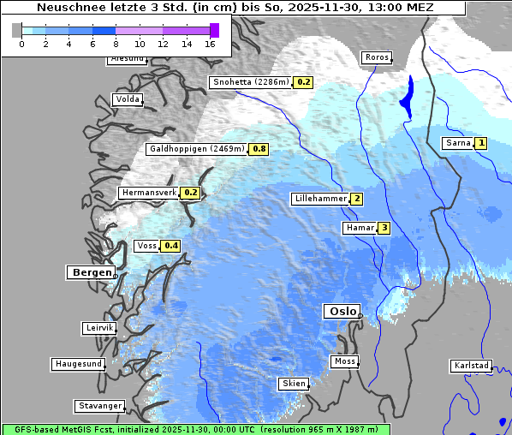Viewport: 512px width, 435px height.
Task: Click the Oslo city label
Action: pyautogui.click(x=341, y=312)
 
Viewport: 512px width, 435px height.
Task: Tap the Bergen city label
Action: pyautogui.click(x=90, y=272)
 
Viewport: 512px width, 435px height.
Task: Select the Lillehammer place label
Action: pyautogui.click(x=320, y=199)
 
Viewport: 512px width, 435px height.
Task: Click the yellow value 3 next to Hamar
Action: pyautogui.click(x=384, y=228)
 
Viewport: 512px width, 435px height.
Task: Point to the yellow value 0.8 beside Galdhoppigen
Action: pyautogui.click(x=259, y=149)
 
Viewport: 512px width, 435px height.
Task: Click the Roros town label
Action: pyautogui.click(x=376, y=58)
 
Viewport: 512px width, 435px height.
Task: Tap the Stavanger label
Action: pyautogui.click(x=99, y=406)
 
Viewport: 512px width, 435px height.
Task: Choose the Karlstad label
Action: pyautogui.click(x=472, y=366)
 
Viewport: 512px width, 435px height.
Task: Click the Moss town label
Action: pyautogui.click(x=344, y=361)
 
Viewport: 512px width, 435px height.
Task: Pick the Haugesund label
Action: pyautogui.click(x=78, y=364)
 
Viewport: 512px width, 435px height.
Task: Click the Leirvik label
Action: pyautogui.click(x=99, y=328)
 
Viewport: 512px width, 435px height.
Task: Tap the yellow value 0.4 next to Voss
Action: pyautogui.click(x=171, y=246)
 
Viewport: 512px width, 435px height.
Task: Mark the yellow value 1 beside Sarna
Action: pyautogui.click(x=481, y=143)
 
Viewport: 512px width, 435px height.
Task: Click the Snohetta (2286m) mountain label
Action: pyautogui.click(x=251, y=82)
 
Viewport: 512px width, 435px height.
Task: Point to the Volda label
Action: pyautogui.click(x=127, y=99)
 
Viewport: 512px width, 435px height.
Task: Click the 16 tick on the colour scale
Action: pyautogui.click(x=211, y=43)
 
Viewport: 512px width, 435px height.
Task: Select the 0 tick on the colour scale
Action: pyautogui.click(x=21, y=43)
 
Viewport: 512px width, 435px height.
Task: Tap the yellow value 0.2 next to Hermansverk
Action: pyautogui.click(x=191, y=193)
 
